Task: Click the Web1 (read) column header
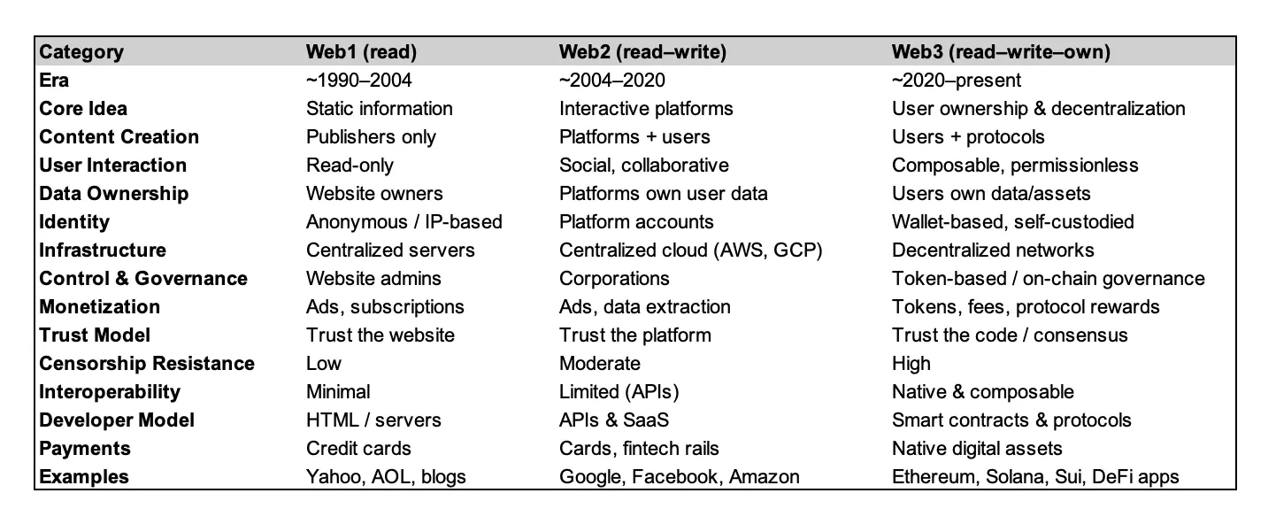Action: coord(361,52)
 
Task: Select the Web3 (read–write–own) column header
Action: coord(1001,52)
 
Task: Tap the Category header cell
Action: coord(81,52)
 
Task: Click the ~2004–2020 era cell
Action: coord(611,81)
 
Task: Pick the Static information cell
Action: coord(380,108)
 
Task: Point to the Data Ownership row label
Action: coord(113,194)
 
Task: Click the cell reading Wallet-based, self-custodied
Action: coord(1013,221)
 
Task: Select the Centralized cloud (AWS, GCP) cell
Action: coord(690,250)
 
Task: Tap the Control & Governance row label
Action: coord(143,279)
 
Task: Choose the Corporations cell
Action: coord(614,279)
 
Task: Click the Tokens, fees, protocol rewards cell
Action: coord(1026,307)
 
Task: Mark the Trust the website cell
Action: coord(380,335)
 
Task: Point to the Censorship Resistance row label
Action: coord(146,364)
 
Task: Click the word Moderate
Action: coord(599,364)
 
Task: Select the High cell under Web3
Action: coord(911,364)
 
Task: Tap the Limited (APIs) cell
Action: coord(619,392)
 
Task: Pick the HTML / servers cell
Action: coord(373,420)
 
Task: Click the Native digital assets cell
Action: coord(977,449)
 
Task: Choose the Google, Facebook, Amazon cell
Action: coord(679,477)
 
